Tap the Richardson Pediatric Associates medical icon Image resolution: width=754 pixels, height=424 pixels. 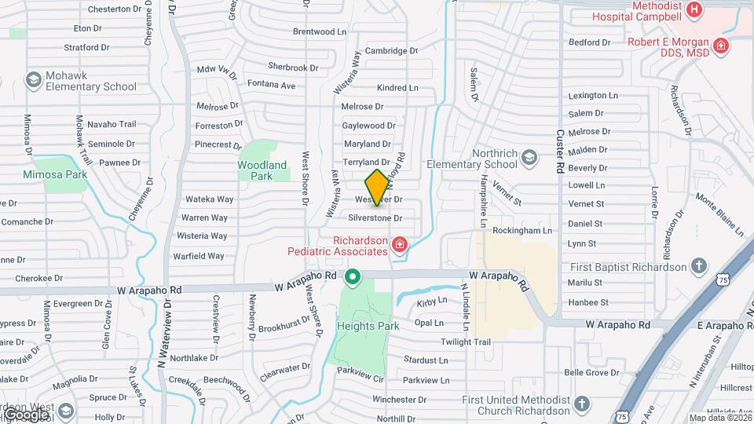pos(400,245)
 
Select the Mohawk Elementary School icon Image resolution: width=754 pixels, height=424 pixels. pos(33,79)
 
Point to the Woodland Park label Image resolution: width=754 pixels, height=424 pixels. pos(262,170)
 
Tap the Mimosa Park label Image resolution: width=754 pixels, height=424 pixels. pos(53,174)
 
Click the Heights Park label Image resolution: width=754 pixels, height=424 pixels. pos(368,326)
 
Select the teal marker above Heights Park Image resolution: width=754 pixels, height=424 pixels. pos(353,276)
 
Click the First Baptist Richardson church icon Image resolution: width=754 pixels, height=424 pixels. pos(697,267)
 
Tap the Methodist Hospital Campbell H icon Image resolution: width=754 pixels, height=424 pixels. pos(694,9)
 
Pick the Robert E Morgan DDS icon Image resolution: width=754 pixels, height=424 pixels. pos(721,46)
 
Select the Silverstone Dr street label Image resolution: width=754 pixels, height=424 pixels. pos(375,217)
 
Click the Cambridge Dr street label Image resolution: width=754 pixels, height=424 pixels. pos(375,51)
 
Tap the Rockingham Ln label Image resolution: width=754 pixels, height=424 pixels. pos(522,230)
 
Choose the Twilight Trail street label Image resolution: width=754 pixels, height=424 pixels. pos(465,342)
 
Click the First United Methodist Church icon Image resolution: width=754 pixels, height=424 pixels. pos(581,404)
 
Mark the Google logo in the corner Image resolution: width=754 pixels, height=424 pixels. pos(25,414)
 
